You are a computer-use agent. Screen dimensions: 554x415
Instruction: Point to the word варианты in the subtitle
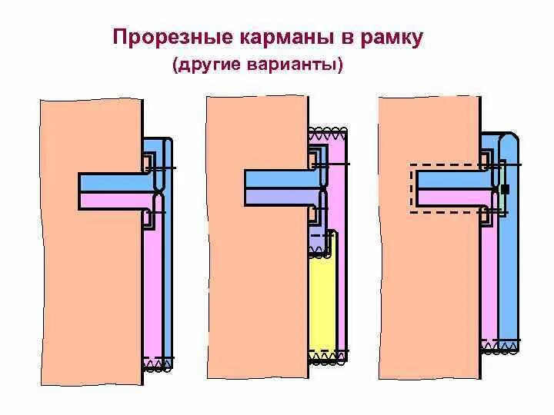click(x=297, y=66)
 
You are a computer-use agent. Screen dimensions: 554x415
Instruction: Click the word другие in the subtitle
click(x=212, y=66)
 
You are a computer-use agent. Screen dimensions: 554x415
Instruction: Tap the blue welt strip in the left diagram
click(x=115, y=182)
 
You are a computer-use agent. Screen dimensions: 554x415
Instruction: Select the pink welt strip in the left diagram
click(x=115, y=200)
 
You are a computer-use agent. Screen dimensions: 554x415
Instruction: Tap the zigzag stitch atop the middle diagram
click(x=327, y=131)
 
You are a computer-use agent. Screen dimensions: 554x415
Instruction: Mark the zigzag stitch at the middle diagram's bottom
click(x=327, y=358)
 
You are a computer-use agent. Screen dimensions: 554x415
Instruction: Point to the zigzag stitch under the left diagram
click(x=158, y=366)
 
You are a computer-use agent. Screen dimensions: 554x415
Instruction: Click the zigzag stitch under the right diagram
click(x=499, y=348)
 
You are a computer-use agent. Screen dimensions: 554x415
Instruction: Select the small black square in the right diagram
click(x=505, y=188)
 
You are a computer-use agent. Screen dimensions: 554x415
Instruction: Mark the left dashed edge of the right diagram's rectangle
click(x=411, y=188)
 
